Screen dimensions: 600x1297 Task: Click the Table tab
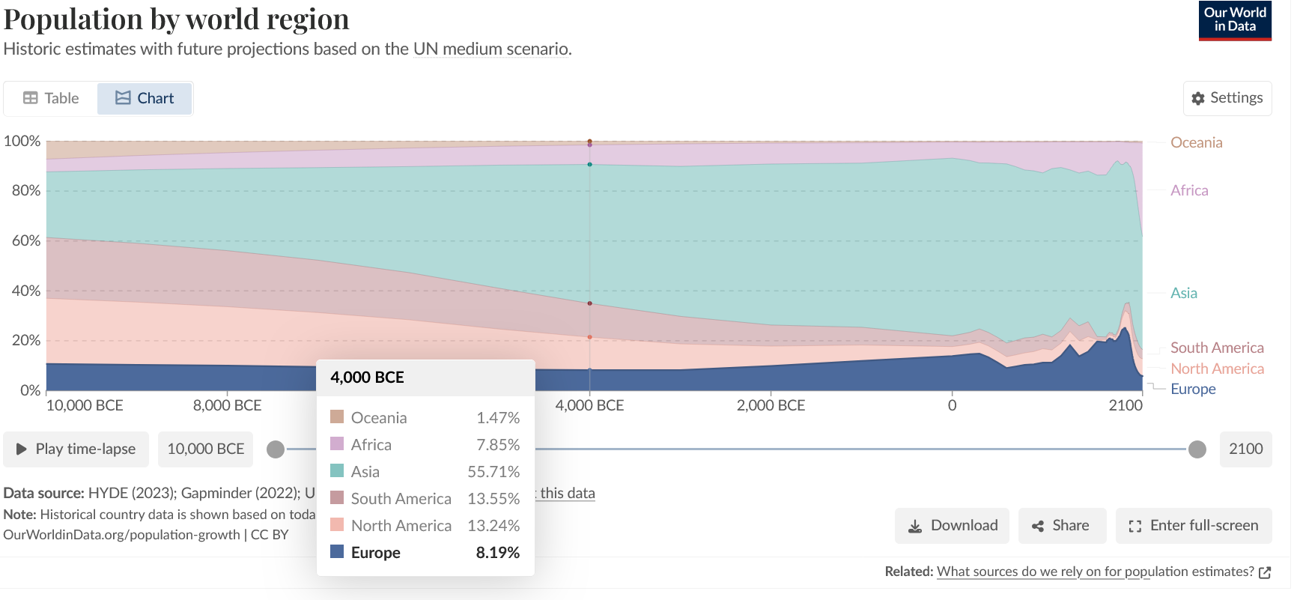pos(51,98)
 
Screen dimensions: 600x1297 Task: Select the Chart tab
pos(145,98)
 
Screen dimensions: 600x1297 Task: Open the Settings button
pos(1227,98)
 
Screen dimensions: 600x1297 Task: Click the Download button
pos(952,526)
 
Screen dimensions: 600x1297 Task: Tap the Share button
pos(1061,526)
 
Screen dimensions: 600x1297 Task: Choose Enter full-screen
pos(1193,526)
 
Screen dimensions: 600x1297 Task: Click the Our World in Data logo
pos(1234,20)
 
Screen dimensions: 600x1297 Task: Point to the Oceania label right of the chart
pos(1196,142)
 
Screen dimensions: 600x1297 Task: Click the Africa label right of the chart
pos(1189,190)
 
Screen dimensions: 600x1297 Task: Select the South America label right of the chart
pos(1216,348)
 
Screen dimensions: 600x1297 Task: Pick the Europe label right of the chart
pos(1192,389)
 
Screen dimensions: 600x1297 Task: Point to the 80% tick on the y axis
pos(26,190)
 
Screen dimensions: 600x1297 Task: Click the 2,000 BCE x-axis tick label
pos(771,405)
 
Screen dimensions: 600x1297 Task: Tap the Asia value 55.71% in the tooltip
pos(493,472)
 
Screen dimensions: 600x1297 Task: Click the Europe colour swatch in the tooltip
pos(337,552)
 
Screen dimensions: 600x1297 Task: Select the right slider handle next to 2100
pos(1197,449)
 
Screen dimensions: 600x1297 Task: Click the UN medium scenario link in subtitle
pos(490,49)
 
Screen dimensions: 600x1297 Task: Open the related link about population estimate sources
pos(1095,572)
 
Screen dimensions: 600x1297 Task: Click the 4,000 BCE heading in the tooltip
pos(367,378)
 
